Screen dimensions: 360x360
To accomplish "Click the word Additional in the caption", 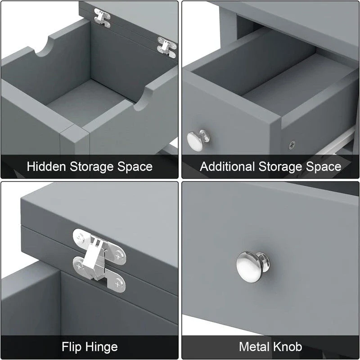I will (227, 166).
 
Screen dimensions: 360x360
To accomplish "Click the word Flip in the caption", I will (71, 347).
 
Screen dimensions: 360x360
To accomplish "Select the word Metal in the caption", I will (254, 347).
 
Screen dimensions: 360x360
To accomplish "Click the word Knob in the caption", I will (288, 347).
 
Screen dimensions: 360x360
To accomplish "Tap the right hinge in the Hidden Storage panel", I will (166, 47).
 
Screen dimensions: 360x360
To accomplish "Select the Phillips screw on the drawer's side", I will (292, 145).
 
